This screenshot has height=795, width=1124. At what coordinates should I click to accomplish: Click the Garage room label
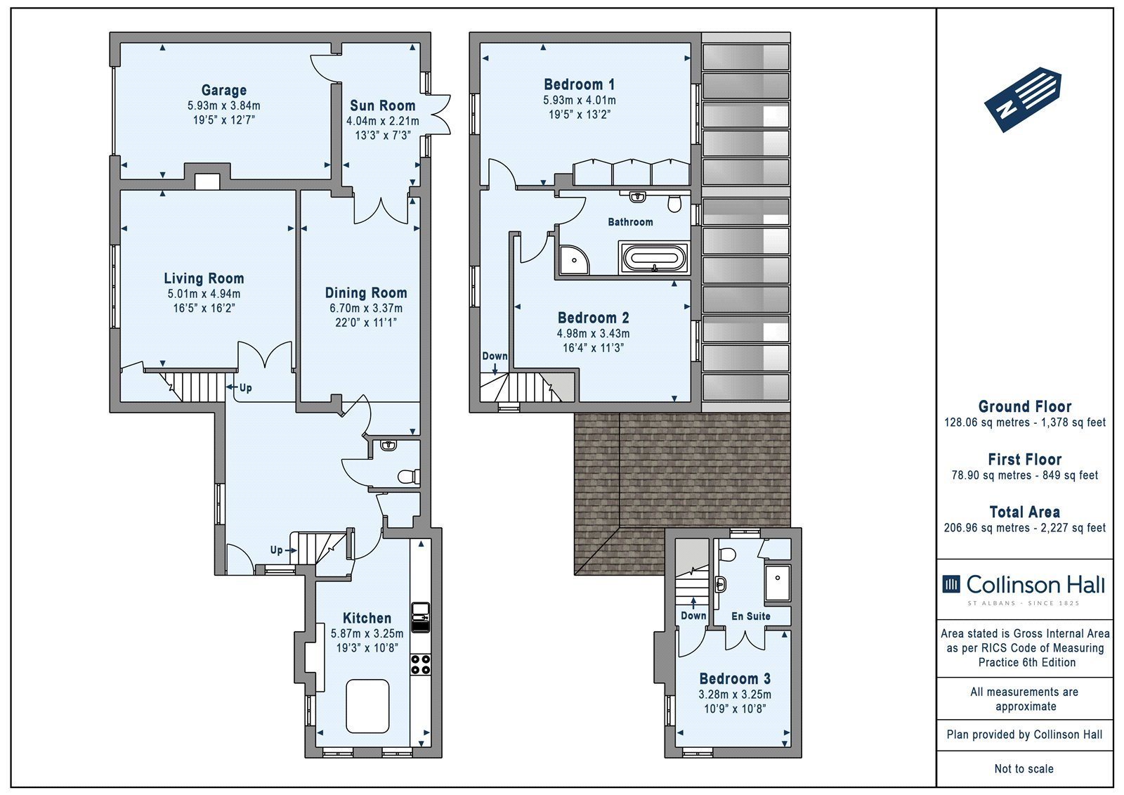pos(224,91)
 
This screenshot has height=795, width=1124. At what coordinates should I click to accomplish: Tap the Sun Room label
pos(382,106)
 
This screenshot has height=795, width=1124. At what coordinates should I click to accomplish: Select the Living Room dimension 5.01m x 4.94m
pos(204,294)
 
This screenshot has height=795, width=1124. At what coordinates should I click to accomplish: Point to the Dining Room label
pos(366,293)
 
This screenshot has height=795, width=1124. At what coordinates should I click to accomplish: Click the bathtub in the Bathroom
pos(654,258)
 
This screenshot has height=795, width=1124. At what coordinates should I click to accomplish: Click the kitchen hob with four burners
pos(421,664)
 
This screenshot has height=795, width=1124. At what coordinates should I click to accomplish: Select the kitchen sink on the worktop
pos(421,617)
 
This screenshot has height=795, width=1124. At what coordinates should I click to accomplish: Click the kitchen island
pos(368,706)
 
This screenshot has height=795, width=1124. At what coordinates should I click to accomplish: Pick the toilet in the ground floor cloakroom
pos(408,476)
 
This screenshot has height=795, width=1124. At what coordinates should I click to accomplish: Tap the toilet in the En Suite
pos(727,555)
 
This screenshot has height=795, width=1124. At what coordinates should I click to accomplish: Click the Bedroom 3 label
pos(735,679)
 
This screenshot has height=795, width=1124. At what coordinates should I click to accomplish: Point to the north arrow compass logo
pos(1023,99)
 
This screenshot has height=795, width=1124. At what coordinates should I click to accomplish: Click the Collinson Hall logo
pos(1024,588)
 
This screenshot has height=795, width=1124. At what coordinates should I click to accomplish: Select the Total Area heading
pos(1025,512)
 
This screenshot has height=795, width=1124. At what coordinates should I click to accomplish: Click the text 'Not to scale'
pos(1024,768)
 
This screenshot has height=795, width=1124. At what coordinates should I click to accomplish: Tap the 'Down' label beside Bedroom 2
pos(495,356)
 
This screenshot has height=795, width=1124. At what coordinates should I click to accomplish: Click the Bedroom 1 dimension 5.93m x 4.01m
pos(579,100)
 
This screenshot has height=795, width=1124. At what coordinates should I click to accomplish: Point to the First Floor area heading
pos(1025,459)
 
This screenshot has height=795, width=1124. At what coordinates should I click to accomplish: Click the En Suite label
pos(751,616)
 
